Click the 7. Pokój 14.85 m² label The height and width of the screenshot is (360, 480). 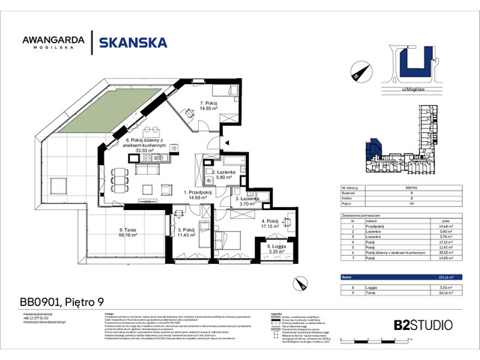pos(208,105)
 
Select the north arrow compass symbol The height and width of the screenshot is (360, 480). pos(357,73)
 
